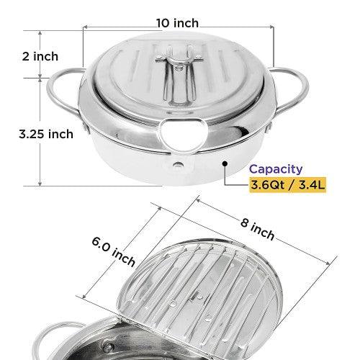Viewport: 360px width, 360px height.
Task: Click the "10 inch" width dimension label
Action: (x=177, y=23)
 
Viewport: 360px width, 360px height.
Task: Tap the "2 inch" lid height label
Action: (x=40, y=56)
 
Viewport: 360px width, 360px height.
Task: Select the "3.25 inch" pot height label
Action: (x=46, y=134)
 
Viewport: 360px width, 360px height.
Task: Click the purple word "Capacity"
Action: (x=276, y=169)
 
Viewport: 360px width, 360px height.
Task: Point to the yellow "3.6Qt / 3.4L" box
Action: (x=287, y=185)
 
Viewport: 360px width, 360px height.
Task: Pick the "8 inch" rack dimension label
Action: (x=257, y=228)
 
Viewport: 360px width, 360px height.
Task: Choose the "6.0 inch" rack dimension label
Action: (x=113, y=252)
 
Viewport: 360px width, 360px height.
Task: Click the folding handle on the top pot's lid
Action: (x=179, y=72)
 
